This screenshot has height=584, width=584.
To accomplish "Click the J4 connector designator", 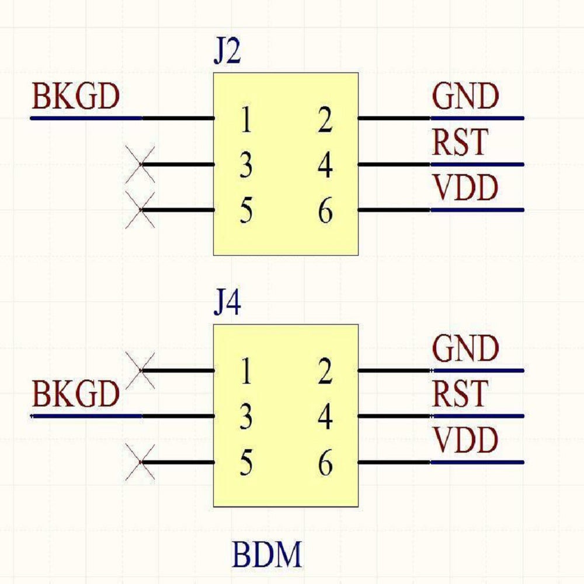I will [227, 305].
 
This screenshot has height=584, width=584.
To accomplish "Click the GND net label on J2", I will [465, 97].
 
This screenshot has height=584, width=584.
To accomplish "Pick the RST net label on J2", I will [460, 142].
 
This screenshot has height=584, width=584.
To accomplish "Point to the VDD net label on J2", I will [465, 188].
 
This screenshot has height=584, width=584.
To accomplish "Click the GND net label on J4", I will [465, 349].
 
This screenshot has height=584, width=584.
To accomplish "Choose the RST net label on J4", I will [460, 394].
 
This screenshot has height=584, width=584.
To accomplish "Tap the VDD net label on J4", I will [465, 440].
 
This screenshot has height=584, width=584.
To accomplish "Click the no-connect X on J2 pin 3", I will [141, 165].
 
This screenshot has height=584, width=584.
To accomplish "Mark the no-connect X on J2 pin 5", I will [141, 210].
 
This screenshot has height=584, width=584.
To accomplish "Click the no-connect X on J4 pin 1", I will [141, 370].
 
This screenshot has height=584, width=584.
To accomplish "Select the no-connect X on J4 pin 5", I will [141, 463].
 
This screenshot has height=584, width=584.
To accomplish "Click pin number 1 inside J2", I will [246, 121].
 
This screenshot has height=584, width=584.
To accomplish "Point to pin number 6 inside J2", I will [325, 212].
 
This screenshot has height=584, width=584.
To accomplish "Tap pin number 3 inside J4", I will [246, 419].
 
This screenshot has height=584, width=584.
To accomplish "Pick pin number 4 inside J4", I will [325, 419].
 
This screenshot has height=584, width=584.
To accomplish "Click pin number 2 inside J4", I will [325, 373].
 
